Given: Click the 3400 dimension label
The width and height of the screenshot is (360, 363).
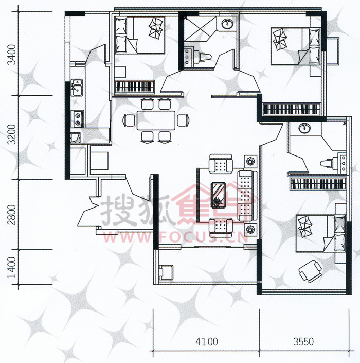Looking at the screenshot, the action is [x=12, y=55].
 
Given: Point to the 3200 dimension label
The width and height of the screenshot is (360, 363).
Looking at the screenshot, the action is [x=12, y=134].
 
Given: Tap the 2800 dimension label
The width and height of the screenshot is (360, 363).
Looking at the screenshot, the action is [x=12, y=215].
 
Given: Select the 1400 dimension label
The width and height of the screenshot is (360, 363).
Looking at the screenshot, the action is [x=12, y=267].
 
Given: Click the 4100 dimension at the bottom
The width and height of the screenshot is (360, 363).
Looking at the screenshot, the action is [x=206, y=341].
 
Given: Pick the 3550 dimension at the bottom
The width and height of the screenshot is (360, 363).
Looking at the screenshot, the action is [x=303, y=341].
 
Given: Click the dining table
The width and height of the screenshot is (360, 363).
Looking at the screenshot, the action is [x=156, y=120].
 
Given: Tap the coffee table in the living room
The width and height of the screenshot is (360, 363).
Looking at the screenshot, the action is [x=218, y=195].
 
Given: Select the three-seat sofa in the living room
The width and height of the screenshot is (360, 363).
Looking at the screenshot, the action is [x=248, y=196].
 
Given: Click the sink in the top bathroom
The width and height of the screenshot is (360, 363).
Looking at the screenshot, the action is [x=227, y=24].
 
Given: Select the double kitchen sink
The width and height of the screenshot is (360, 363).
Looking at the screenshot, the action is [x=77, y=88].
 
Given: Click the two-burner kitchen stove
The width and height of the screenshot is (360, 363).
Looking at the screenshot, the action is [x=78, y=119].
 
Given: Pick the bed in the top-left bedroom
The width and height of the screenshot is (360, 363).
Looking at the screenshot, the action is [x=140, y=35].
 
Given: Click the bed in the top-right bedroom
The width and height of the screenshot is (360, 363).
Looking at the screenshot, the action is [x=296, y=46].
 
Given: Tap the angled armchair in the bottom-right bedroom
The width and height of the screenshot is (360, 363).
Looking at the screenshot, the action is [x=310, y=271].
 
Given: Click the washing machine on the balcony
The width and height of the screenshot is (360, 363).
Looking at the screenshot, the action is [x=166, y=272].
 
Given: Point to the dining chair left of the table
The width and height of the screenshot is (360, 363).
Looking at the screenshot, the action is [x=129, y=120].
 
